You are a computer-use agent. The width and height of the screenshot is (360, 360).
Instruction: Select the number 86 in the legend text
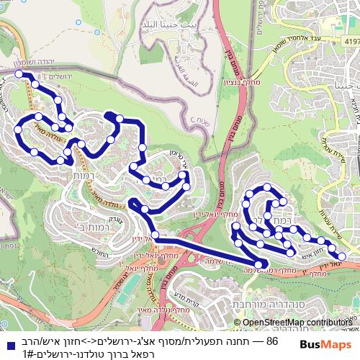pos(272,339)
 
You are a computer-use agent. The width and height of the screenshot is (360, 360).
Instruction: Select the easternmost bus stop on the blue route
pos(342,256)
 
